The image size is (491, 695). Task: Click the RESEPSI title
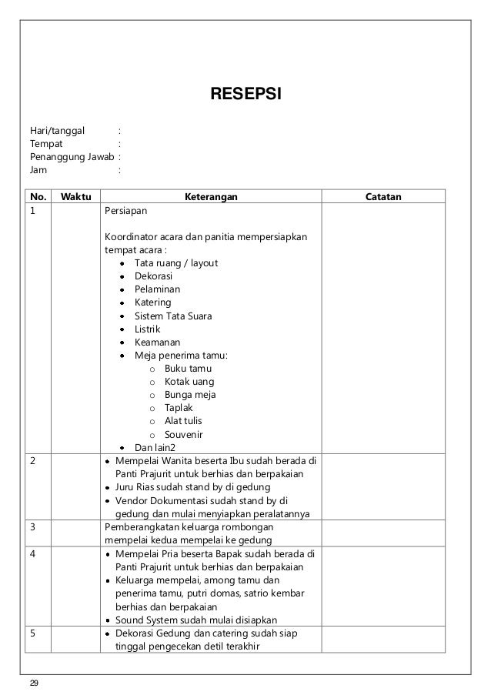click(246, 95)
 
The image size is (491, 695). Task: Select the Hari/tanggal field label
click(58, 129)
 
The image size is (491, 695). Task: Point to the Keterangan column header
click(209, 196)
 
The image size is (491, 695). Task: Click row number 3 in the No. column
click(33, 527)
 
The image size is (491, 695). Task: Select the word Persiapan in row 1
click(125, 209)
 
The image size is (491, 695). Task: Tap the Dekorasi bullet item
click(153, 276)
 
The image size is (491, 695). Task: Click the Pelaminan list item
click(157, 289)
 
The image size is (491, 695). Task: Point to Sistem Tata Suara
click(173, 316)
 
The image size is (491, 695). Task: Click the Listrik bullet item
click(148, 329)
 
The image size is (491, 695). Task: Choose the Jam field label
click(38, 169)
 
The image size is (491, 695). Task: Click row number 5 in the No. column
click(33, 633)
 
